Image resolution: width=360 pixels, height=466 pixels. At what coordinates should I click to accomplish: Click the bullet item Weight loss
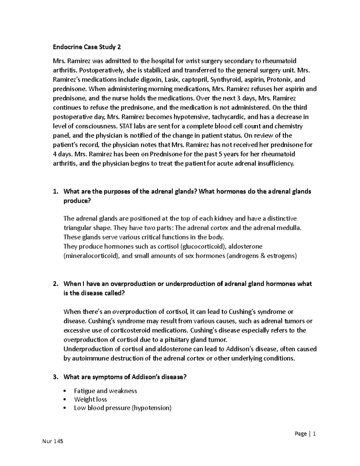(x=90, y=399)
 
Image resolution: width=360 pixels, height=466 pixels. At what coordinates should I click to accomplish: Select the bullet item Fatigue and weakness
(x=105, y=391)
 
